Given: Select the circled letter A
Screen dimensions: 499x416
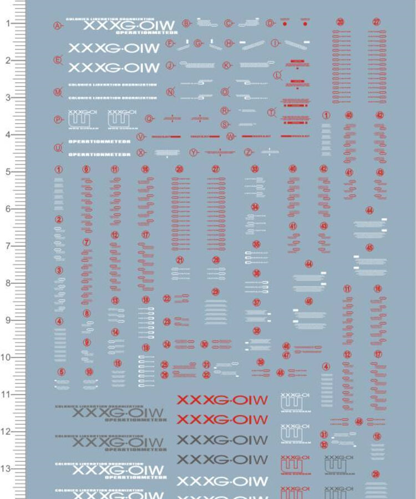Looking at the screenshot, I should tap(57, 25).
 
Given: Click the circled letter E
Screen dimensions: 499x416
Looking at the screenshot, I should tap(57, 60).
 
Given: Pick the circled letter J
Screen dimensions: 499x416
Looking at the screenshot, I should tap(170, 65).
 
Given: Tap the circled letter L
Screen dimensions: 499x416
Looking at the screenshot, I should tap(277, 75).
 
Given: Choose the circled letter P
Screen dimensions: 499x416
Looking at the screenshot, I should tap(58, 119).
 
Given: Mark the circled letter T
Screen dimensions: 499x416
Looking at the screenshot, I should tap(271, 112).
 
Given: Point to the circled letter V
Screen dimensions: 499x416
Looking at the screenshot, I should tap(140, 137).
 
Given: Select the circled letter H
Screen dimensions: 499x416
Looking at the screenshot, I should tap(229, 43).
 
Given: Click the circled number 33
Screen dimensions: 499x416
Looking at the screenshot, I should tap(255, 169).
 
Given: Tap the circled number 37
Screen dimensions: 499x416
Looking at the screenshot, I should tap(256, 303).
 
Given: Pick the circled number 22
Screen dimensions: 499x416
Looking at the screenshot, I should tap(167, 298).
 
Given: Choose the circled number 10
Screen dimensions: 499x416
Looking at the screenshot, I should tap(89, 372).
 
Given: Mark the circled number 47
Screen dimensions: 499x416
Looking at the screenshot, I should tap(286, 355).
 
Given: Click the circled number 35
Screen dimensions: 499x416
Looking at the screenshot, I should tap(256, 245).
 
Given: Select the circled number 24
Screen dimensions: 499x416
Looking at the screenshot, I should tap(167, 344).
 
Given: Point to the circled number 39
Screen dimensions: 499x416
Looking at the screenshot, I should tap(260, 362).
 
